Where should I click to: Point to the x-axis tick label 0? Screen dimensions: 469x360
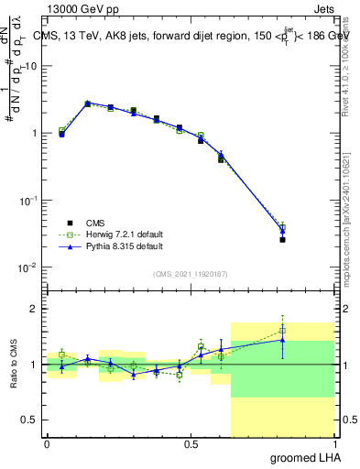coord(47,443)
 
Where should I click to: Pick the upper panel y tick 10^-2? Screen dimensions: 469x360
coord(29,267)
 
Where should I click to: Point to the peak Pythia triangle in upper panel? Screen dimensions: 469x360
coord(87,104)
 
